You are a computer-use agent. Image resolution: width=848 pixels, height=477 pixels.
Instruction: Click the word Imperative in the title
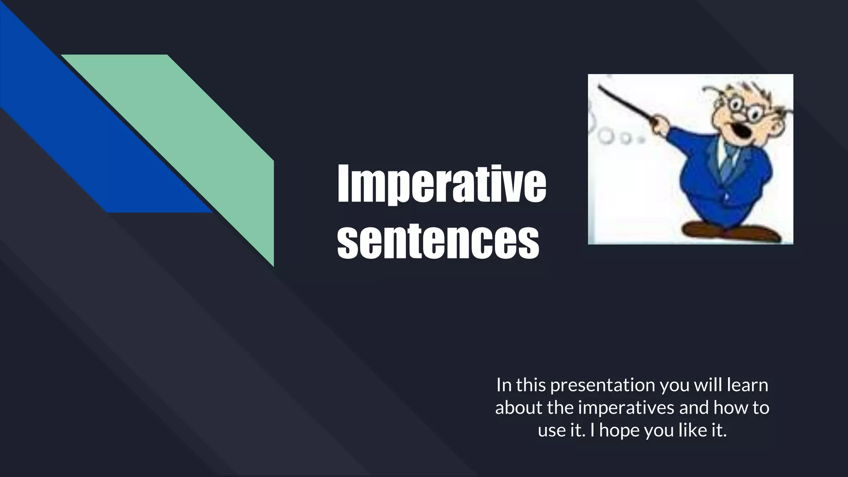point(441,183)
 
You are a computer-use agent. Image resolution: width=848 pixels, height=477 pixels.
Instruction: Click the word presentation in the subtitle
point(603,385)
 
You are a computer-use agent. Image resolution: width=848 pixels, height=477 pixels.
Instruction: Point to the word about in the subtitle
point(518,408)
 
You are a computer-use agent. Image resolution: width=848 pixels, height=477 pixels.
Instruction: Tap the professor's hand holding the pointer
point(661,124)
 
